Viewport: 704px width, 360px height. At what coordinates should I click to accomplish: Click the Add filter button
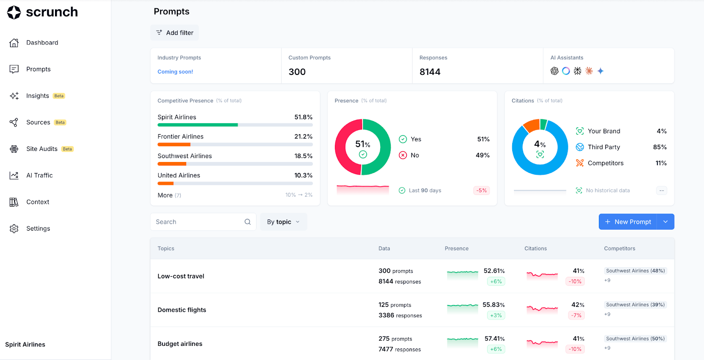(175, 33)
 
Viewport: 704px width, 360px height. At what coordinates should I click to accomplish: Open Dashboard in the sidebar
(42, 43)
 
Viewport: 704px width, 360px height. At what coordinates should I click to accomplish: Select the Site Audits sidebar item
(42, 149)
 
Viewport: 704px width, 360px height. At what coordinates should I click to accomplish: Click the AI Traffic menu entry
(39, 175)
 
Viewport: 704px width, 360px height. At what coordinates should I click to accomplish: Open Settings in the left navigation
(38, 228)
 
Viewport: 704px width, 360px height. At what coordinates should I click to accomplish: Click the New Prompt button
(628, 222)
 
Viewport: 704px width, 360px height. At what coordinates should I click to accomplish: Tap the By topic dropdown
(283, 222)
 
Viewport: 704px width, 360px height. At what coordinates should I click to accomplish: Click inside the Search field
(198, 222)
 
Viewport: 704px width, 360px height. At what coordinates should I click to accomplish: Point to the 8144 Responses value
(430, 72)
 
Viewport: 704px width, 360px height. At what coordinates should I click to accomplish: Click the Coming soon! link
(175, 72)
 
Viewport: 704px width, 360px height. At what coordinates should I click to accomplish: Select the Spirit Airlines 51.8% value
(303, 117)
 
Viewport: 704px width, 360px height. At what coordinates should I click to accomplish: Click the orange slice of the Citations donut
(532, 125)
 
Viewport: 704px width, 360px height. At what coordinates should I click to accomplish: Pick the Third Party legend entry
(604, 147)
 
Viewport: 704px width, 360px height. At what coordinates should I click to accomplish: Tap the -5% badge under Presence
(481, 191)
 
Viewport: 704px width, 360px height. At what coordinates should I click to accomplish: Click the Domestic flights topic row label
(182, 310)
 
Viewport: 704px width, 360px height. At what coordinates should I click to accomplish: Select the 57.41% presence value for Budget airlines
(495, 338)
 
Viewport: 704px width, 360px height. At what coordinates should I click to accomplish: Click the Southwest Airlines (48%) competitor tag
(635, 271)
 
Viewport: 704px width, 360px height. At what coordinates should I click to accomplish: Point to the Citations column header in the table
(535, 249)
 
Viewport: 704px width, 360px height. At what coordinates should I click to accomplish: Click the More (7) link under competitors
(169, 195)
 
